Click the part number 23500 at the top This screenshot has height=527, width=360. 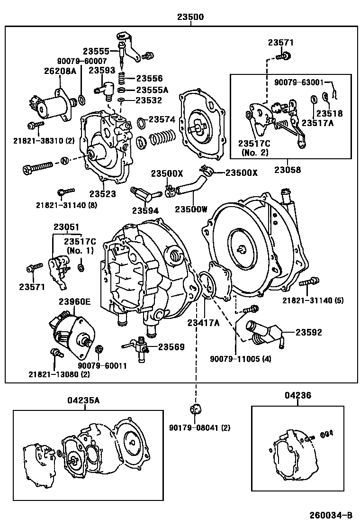tap(190, 17)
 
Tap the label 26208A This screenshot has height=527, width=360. tap(60, 71)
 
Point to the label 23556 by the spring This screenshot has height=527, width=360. tap(149, 79)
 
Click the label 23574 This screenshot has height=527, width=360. tap(162, 120)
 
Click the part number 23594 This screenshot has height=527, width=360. tap(145, 210)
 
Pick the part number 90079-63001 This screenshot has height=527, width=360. tap(299, 82)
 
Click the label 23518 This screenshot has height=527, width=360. tap(329, 114)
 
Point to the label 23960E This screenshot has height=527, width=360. tap(74, 301)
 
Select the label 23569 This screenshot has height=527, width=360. tap(171, 347)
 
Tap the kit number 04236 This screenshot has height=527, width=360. tap(298, 395)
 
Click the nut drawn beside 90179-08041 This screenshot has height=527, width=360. tap(194, 409)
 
